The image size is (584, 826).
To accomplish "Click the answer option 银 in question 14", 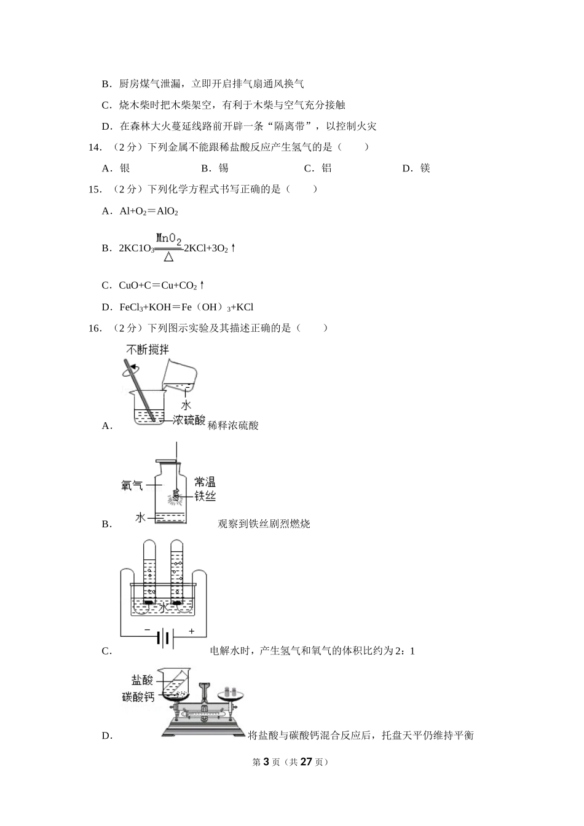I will coord(124,168).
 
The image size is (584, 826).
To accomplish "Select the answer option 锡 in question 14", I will coord(223,168).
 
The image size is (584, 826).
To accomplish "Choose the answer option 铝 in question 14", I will coord(326,168).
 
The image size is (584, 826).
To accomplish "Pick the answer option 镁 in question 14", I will coord(425,168).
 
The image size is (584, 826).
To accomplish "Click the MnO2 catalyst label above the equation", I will coord(168,238).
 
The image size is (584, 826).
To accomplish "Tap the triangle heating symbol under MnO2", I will coord(168,258).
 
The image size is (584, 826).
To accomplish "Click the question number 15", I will coord(95,189).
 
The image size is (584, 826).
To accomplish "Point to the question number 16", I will coord(95,328).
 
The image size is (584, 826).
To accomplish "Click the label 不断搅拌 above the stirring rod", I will coord(148,350).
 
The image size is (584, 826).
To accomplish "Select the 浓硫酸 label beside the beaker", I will coord(189,421).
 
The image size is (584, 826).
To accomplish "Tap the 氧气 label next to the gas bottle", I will coord(132,486).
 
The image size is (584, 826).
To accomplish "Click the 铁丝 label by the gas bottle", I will coord(205,495).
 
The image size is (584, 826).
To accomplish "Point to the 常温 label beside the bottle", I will coord(205,482).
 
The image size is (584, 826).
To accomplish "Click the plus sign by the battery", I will coord(191,631).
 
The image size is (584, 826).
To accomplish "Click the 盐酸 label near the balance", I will coord(142,680).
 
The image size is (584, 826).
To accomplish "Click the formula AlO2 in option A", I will coord(167,211).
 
